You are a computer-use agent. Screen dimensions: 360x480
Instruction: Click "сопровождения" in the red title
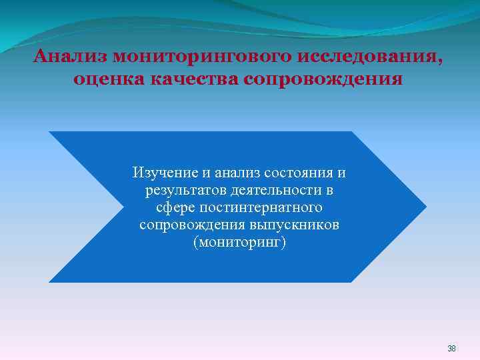tap(324, 81)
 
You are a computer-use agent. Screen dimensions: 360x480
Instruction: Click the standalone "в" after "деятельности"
tap(329, 191)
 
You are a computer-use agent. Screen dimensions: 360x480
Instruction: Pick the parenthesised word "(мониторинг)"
tap(239, 243)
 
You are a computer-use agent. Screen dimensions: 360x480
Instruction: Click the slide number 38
tap(451, 349)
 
